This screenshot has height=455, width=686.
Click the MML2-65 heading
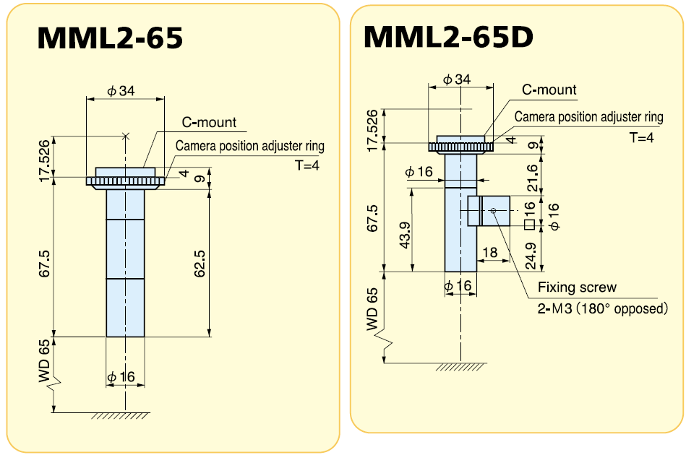pyautogui.click(x=110, y=38)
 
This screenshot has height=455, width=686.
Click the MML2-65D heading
pyautogui.click(x=448, y=36)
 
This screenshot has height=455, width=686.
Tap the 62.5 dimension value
pyautogui.click(x=200, y=264)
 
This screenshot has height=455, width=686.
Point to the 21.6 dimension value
pyautogui.click(x=532, y=176)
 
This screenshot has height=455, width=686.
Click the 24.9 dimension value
pyautogui.click(x=532, y=253)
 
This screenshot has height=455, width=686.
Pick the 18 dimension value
pyautogui.click(x=489, y=252)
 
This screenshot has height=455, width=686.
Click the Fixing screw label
pyautogui.click(x=577, y=287)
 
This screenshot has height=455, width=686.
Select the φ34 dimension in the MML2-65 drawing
pyautogui.click(x=121, y=91)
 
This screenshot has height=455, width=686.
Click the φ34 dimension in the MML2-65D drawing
pyautogui.click(x=457, y=79)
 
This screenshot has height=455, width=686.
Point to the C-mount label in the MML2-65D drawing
pyautogui.click(x=549, y=90)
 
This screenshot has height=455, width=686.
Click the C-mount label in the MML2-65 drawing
pyautogui.click(x=208, y=123)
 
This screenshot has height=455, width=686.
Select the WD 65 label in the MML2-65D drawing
pyautogui.click(x=372, y=310)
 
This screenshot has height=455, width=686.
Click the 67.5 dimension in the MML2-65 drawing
pyautogui.click(x=45, y=264)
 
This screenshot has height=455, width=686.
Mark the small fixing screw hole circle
pyautogui.click(x=493, y=211)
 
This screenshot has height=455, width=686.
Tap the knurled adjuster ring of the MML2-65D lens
pyautogui.click(x=460, y=147)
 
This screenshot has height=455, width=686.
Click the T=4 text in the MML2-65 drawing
pyautogui.click(x=306, y=165)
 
